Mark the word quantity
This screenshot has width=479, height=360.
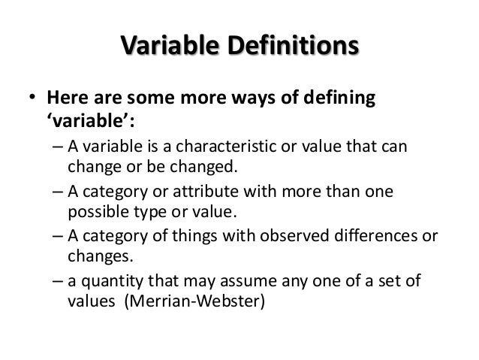[x=109, y=283]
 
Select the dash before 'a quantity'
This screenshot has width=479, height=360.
[x=59, y=283]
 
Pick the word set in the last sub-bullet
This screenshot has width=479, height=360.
[x=383, y=283]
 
